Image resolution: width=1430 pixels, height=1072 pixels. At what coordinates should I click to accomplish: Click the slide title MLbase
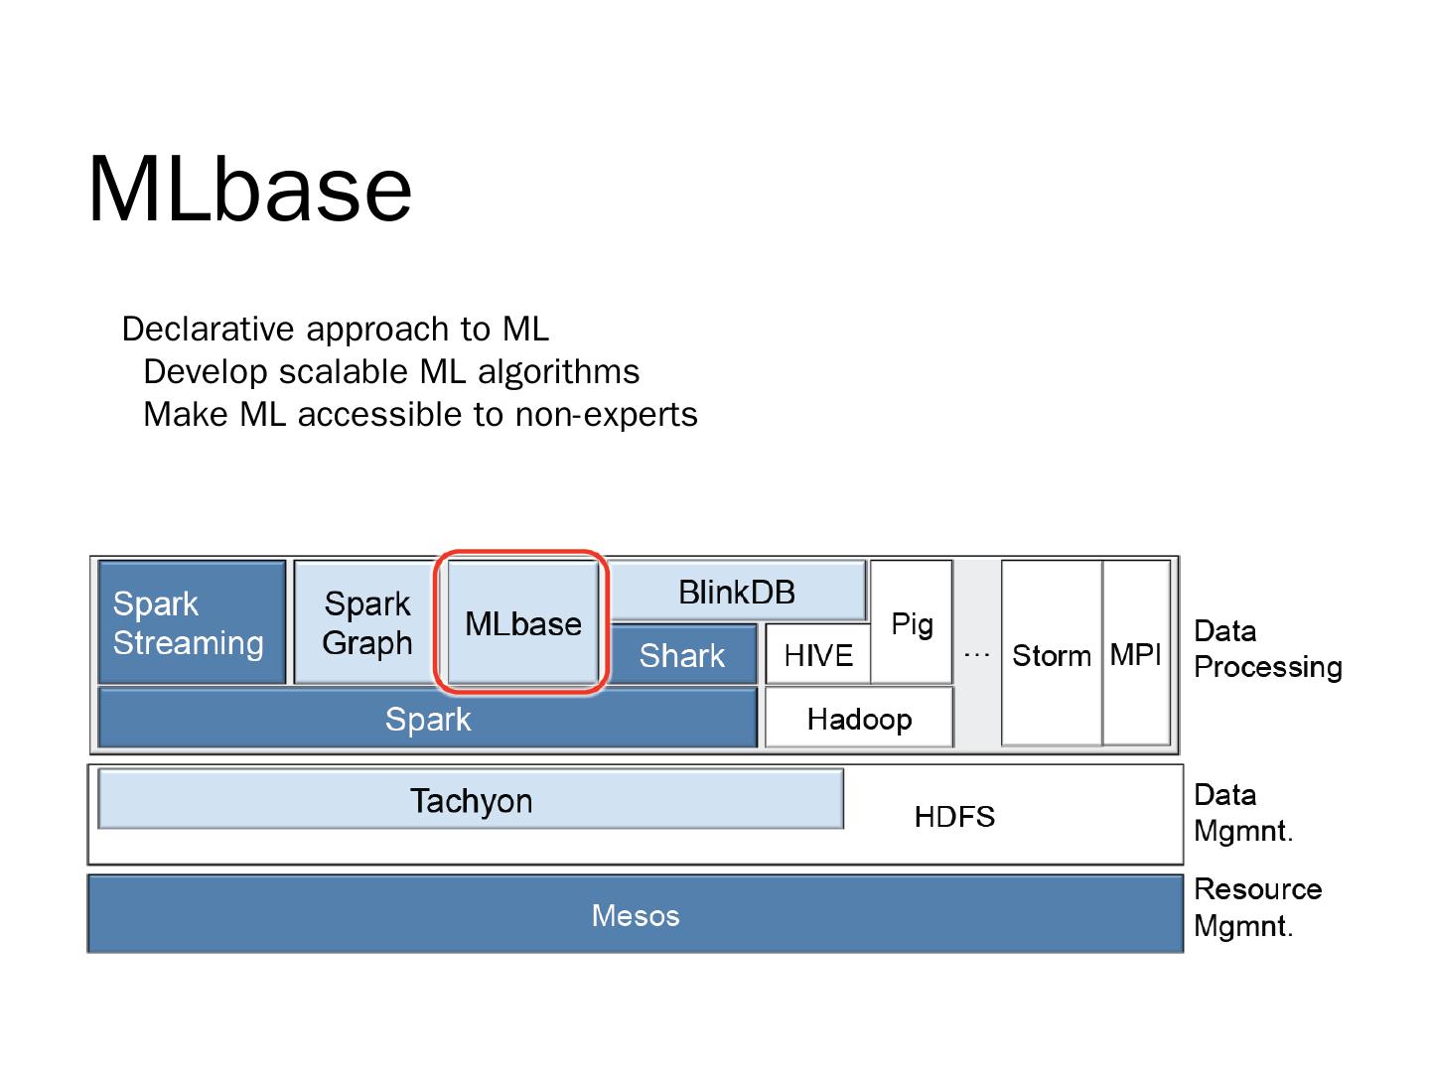point(249,189)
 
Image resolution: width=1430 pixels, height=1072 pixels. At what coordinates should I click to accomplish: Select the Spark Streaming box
point(192,621)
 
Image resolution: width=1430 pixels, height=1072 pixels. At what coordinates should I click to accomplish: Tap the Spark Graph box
point(366,621)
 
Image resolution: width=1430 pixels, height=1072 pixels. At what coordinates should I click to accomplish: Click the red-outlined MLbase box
point(522,621)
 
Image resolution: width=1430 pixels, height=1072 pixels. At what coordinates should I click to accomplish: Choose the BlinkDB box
point(737,591)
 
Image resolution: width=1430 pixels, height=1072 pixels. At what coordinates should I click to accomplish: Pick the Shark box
point(682,654)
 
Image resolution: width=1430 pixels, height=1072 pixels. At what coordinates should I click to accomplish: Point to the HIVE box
point(817,654)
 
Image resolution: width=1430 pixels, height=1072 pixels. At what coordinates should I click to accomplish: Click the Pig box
point(912,621)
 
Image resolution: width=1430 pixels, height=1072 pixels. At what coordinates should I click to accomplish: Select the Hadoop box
point(859,718)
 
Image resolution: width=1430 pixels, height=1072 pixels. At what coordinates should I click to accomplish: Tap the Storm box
point(1052,653)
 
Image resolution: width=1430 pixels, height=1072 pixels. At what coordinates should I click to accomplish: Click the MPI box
point(1135,653)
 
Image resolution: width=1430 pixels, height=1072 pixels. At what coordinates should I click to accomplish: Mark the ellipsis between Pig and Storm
point(976,654)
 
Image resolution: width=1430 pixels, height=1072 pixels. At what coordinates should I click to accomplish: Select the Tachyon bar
point(471,799)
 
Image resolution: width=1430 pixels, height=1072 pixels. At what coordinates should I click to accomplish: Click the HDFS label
point(954,816)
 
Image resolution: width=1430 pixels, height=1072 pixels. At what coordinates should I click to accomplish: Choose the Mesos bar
point(636,914)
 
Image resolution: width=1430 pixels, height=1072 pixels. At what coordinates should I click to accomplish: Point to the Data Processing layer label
point(1267,649)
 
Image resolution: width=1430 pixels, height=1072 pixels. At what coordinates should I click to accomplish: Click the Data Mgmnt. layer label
point(1243,813)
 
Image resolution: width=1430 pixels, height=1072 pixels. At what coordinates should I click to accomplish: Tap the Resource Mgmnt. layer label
point(1257,907)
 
